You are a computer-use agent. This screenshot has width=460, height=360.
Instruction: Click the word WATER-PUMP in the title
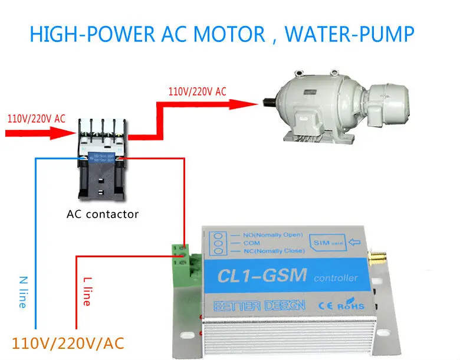tap(350, 34)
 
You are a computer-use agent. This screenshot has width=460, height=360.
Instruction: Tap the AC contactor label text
tap(103, 214)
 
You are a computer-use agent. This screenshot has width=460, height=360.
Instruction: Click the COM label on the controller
tap(252, 243)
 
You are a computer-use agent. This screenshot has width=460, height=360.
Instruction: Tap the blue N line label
tap(22, 291)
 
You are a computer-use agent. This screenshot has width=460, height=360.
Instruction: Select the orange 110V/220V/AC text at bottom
tap(68, 343)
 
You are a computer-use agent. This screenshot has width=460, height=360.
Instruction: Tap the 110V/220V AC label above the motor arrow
tap(197, 92)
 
